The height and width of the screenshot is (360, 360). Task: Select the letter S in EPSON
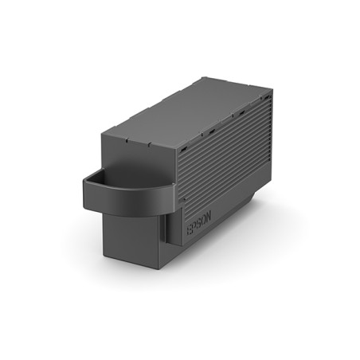coord(194,230)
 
